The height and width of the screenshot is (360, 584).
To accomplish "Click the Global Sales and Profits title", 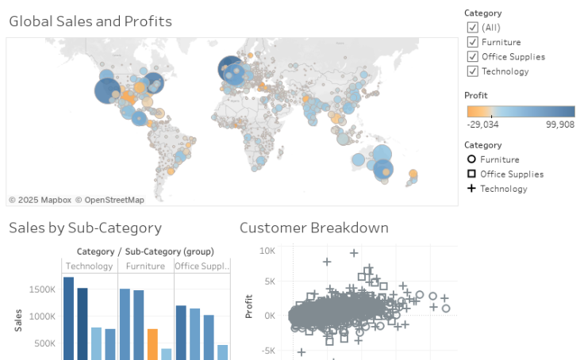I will (x=90, y=21).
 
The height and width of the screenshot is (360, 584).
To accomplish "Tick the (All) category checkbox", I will (x=473, y=27).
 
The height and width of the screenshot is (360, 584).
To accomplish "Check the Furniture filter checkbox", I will (x=473, y=42).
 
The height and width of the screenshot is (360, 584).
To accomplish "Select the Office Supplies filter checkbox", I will (x=473, y=56).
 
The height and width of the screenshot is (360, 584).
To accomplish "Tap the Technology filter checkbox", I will (x=473, y=71).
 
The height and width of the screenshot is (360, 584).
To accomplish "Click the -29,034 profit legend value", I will (x=483, y=124).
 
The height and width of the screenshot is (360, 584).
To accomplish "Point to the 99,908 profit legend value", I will (x=559, y=124).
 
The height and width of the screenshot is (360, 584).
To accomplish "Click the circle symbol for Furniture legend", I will (x=471, y=159).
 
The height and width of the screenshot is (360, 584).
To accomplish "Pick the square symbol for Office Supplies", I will (x=471, y=174).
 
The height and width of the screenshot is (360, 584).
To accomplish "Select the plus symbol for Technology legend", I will (x=471, y=189).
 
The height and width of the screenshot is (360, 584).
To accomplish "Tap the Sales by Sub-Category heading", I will (x=85, y=228).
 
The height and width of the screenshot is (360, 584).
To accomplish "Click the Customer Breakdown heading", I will (x=314, y=228).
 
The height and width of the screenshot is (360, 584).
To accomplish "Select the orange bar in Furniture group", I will (x=152, y=344).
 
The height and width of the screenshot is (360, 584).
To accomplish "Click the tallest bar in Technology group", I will (x=68, y=317).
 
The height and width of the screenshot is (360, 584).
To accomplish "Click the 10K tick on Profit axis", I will (x=267, y=251).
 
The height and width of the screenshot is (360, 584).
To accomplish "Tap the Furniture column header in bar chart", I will (x=146, y=266).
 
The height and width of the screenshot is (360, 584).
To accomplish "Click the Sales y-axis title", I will (x=17, y=319).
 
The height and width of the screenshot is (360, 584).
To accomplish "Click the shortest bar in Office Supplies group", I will (x=223, y=352).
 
